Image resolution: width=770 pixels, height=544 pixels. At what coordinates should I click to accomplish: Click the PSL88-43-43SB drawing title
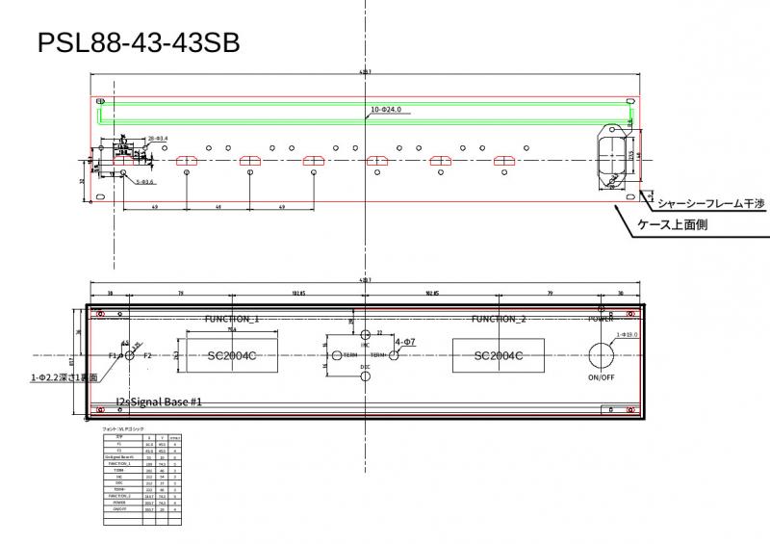click(139, 43)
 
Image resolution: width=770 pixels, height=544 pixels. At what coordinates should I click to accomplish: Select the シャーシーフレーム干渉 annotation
click(710, 204)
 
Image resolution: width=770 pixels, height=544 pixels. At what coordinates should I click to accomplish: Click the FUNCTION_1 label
click(232, 318)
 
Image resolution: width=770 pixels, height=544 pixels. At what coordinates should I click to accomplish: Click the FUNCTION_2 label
click(499, 318)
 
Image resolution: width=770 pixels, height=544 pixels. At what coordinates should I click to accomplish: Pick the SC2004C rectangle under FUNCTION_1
click(231, 355)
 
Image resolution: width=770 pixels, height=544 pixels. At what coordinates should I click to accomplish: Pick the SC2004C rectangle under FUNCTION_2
click(498, 355)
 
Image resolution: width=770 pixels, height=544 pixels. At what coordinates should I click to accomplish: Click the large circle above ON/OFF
click(602, 354)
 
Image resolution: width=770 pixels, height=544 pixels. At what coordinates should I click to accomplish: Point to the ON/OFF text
click(602, 377)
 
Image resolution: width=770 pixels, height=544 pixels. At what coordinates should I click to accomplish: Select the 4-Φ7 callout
click(405, 343)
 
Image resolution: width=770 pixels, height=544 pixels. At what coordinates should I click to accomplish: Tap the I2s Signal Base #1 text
click(158, 401)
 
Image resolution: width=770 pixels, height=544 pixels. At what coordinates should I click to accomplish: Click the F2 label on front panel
click(147, 355)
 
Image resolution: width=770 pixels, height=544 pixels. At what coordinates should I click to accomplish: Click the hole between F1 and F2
click(132, 355)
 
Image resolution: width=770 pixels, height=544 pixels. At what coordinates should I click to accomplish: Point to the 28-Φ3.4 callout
click(157, 139)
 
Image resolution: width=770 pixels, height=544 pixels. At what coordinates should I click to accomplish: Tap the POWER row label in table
click(118, 502)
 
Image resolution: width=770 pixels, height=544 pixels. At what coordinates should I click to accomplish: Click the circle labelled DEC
click(366, 376)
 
